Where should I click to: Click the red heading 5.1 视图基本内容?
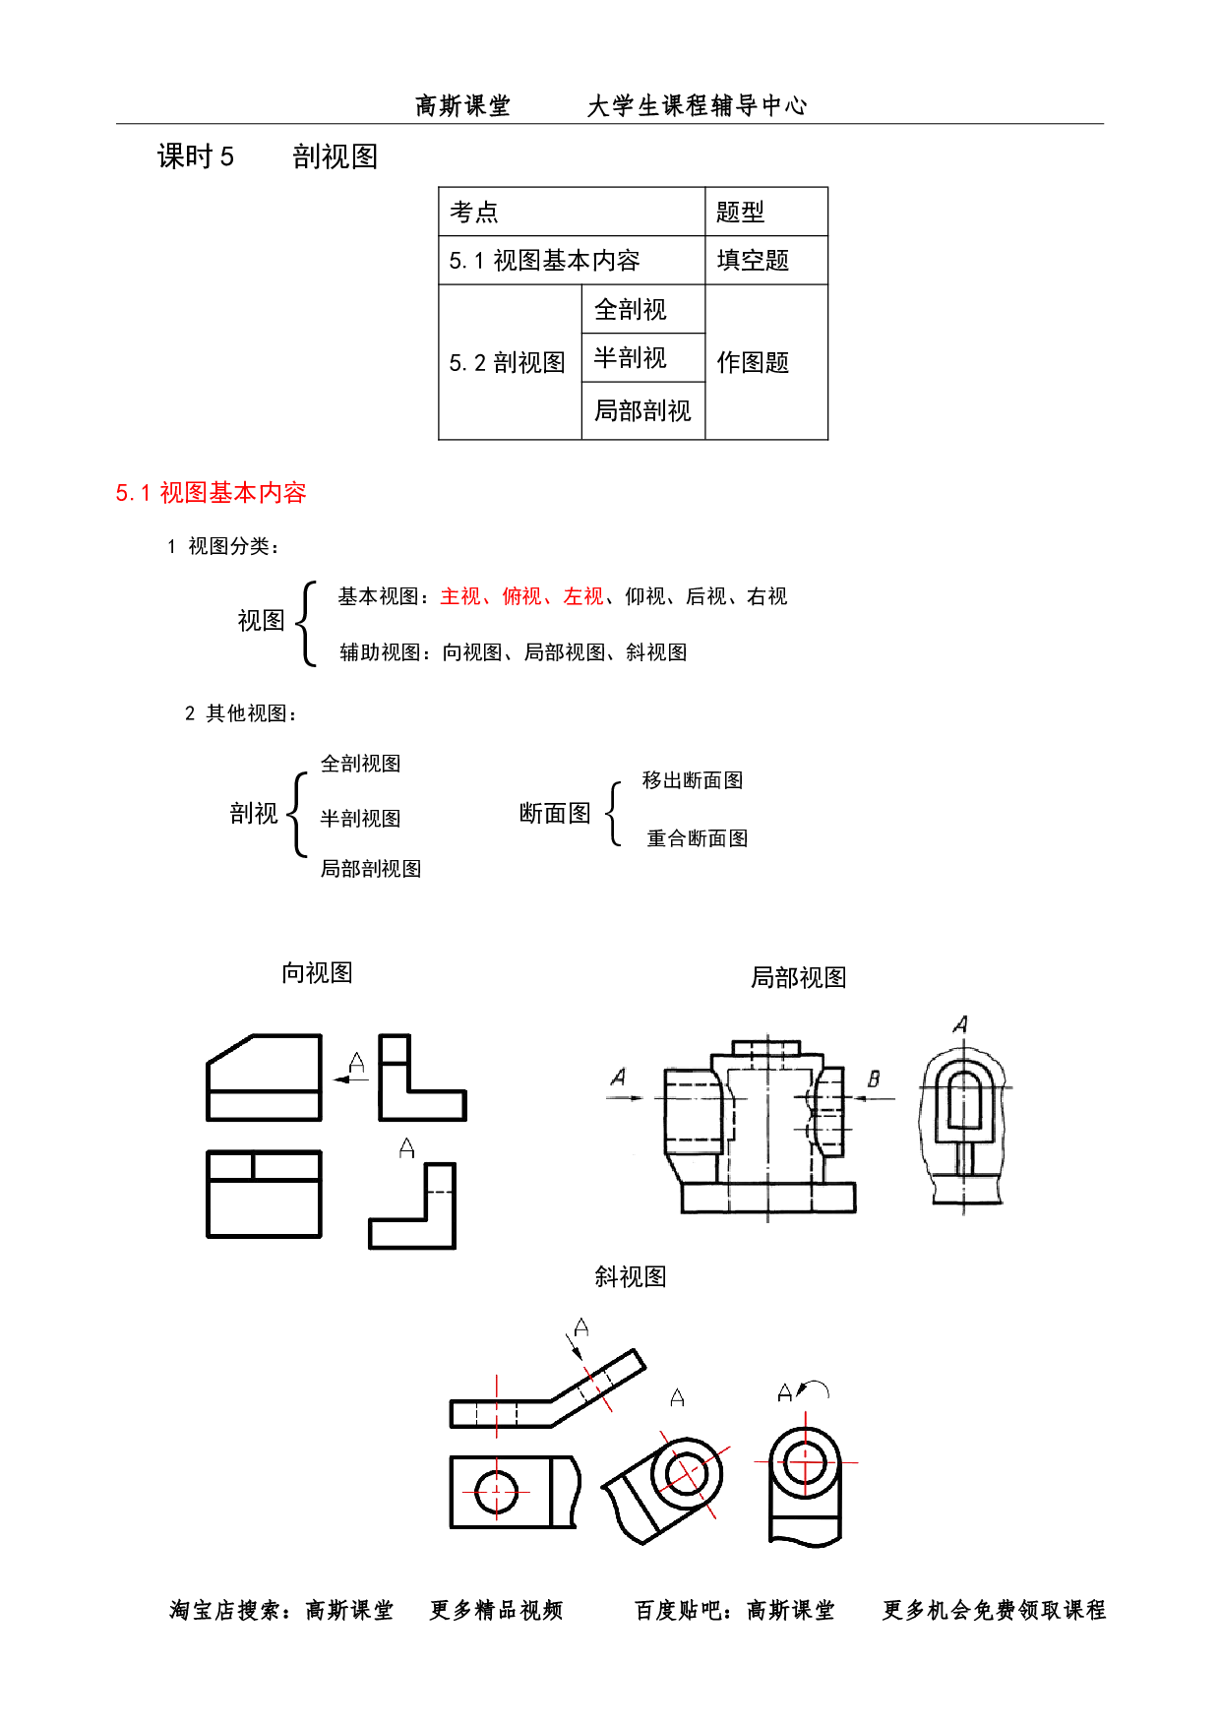pos(212,493)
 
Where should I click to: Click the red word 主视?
pos(458,596)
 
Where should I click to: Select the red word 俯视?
pos(520,596)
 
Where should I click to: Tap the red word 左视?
pos(582,596)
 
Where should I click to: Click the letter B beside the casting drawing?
pos(873,1079)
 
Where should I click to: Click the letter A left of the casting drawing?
pos(618,1078)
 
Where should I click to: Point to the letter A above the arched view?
pos(961,1024)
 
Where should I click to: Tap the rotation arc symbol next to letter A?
pos(814,1389)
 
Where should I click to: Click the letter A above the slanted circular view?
pos(676,1398)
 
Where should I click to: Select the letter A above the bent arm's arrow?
pos(581,1328)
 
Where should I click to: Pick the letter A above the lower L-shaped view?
pos(406,1147)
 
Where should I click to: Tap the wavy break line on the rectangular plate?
pos(572,1492)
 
